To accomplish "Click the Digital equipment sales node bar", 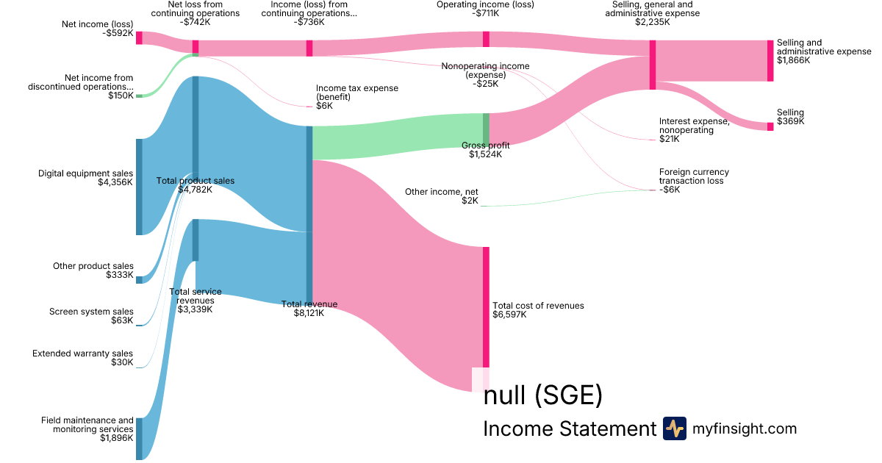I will (139, 187).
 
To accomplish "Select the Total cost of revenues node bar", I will (486, 307).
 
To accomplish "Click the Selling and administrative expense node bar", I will (770, 60).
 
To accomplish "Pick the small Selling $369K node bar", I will (770, 126).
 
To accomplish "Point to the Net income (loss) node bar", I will (139, 37).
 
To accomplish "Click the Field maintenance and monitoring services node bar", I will (139, 439).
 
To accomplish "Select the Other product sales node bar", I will (139, 279).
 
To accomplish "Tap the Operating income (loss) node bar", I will (486, 39).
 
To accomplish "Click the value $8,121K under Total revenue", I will (309, 313).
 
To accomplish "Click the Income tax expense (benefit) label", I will (357, 93).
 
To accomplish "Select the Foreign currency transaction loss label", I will (694, 176).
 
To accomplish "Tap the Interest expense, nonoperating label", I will (694, 126).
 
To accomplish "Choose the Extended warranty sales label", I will (83, 353).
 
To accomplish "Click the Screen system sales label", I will (92, 312).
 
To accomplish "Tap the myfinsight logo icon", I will (674, 428).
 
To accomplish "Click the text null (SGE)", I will (543, 396).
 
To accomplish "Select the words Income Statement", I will (569, 429).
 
